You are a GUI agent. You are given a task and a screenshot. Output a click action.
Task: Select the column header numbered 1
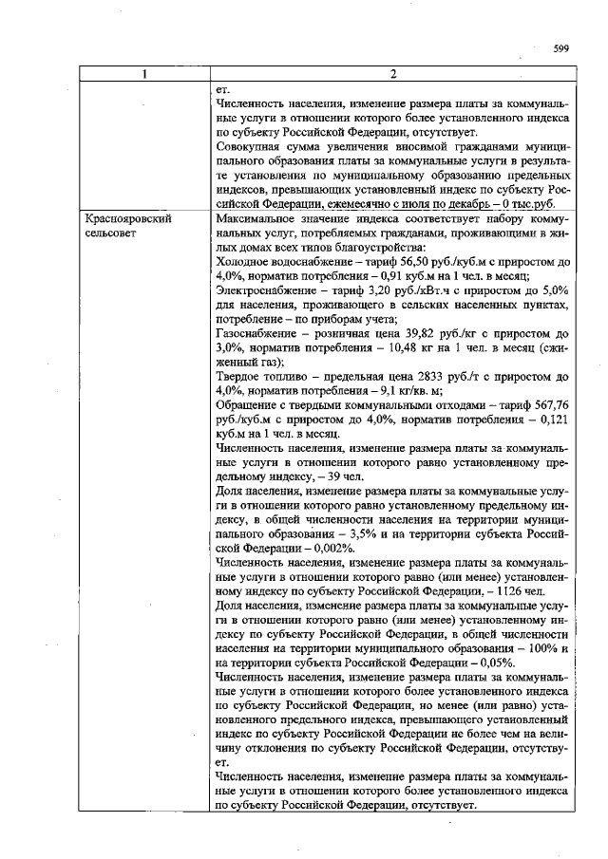click(145, 75)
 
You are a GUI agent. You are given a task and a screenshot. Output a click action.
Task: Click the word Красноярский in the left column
click(122, 218)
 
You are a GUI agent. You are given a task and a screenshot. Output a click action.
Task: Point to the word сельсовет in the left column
click(111, 232)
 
